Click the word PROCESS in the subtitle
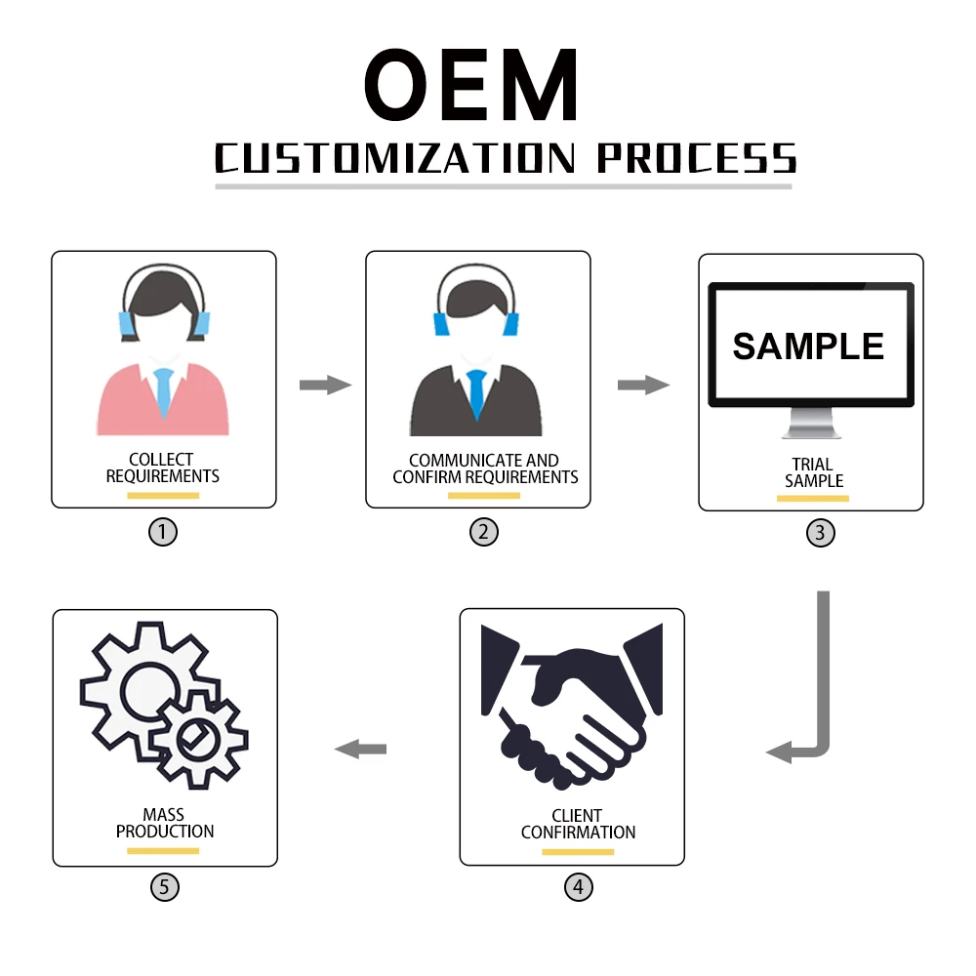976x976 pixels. click(x=696, y=158)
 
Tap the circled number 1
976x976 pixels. click(x=163, y=532)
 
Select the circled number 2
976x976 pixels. click(x=483, y=532)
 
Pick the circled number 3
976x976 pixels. click(x=820, y=533)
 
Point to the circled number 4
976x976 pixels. click(x=579, y=887)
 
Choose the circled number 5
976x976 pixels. click(x=165, y=887)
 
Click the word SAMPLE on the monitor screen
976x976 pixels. click(x=808, y=346)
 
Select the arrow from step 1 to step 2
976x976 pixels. click(x=325, y=385)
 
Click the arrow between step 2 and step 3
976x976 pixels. click(x=643, y=385)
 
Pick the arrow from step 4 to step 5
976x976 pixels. click(x=361, y=749)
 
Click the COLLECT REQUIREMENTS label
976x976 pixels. click(x=163, y=468)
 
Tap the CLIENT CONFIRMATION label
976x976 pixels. click(x=578, y=824)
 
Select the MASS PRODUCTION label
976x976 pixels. click(x=164, y=823)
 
